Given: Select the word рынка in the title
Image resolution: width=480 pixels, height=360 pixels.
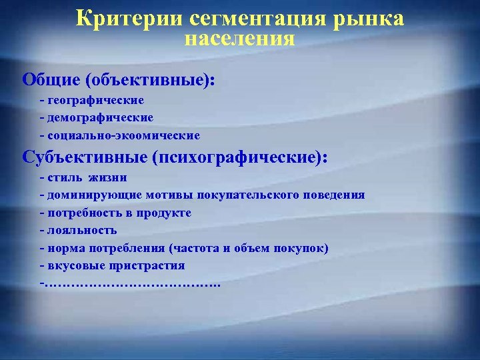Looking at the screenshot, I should pos(372,19).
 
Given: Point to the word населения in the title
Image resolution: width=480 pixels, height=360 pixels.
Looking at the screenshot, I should pos(240,37).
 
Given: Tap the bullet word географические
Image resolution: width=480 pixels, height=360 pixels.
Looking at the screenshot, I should pos(95,100).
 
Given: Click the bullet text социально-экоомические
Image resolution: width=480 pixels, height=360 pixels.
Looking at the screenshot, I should pos(123,135).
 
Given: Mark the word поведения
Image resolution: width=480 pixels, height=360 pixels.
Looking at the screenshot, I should pos(334,195).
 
